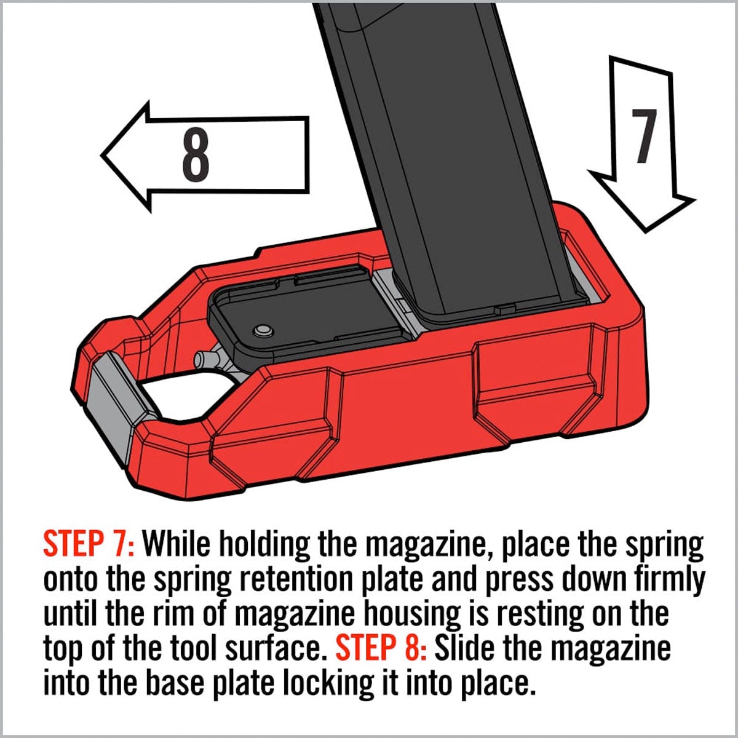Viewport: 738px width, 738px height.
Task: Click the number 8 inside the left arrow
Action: click(x=196, y=155)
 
